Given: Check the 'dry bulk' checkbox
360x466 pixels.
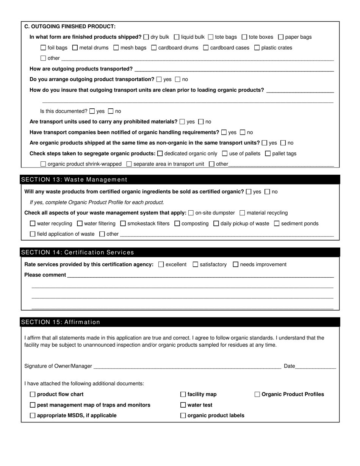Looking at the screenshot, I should [146, 37].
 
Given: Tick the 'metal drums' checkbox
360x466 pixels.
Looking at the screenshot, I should [75, 48].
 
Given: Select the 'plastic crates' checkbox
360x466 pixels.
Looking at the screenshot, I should [257, 48].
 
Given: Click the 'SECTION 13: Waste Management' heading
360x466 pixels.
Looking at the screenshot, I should [74, 180].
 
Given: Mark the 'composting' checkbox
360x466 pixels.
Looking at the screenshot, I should [177, 224].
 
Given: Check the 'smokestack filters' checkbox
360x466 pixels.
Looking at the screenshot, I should [123, 224].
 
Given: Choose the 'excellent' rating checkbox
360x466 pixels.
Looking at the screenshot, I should [161, 264].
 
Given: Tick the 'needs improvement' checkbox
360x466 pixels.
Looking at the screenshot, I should [235, 264].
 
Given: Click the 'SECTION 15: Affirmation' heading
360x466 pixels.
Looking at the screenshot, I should [61, 322].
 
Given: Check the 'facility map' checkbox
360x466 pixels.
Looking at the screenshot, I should [183, 394].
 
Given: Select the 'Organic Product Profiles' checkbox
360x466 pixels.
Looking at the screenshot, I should [257, 394].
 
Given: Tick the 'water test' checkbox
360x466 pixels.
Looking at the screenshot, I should [183, 405].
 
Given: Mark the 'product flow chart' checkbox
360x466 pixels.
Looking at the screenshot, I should [33, 394].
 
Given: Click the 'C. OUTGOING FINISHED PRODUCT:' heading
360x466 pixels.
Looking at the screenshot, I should [70, 27].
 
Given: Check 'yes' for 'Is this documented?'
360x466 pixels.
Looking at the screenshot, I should [92, 111].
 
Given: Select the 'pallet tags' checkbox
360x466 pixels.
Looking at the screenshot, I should [268, 154].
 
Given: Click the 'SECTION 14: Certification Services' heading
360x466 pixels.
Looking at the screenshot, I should [78, 252].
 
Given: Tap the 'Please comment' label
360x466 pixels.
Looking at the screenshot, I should [45, 275].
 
